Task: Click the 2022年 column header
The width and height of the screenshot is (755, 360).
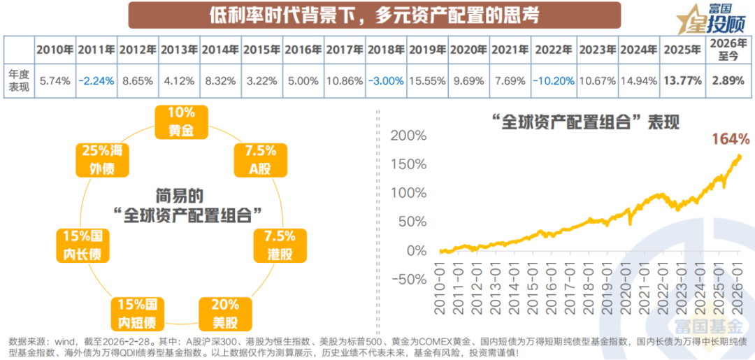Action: [x=553, y=50]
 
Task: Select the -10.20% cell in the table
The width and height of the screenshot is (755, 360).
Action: [x=553, y=80]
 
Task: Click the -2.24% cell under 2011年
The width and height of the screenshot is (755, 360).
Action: [x=96, y=80]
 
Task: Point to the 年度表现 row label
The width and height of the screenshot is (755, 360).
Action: [x=19, y=80]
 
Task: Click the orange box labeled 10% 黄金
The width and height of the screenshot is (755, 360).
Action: [x=181, y=121]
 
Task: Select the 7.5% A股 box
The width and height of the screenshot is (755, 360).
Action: [x=259, y=159]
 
